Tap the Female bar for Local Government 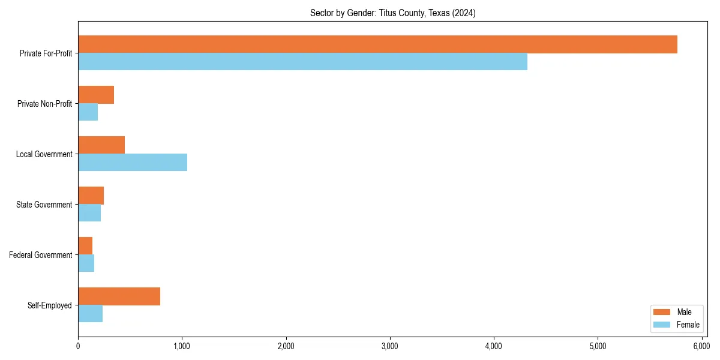(x=133, y=163)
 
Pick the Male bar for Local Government (x=101, y=145)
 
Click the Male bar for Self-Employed (x=119, y=296)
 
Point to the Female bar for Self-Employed (x=90, y=314)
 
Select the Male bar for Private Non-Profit (x=96, y=95)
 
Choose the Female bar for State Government (x=89, y=213)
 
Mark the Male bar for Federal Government (x=85, y=246)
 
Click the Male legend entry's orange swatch (x=661, y=312)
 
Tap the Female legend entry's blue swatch (x=661, y=325)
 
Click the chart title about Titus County (x=392, y=13)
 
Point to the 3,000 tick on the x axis (x=390, y=346)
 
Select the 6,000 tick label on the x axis (x=701, y=346)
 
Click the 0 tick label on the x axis (x=78, y=346)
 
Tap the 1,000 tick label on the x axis (x=182, y=346)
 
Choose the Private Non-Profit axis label (x=44, y=104)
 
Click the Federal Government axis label (x=41, y=255)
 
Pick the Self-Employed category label (x=50, y=305)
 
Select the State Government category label (x=44, y=205)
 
